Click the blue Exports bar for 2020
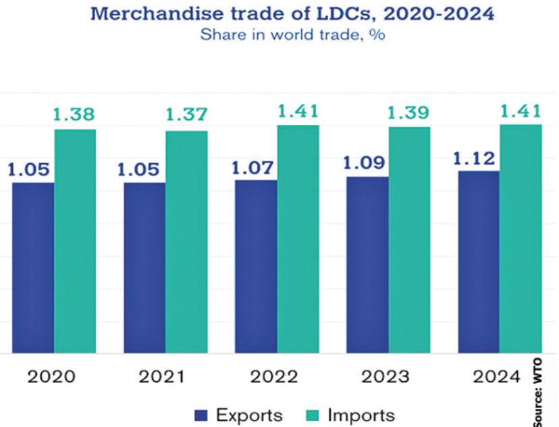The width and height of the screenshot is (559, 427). [33, 268]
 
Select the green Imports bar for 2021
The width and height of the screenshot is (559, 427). [186, 241]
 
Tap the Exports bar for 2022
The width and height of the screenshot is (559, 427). [256, 266]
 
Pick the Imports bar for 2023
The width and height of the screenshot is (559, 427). [409, 239]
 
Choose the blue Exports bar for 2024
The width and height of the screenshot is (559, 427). [479, 262]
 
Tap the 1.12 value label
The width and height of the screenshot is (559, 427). [475, 159]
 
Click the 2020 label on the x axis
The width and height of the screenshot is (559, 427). [54, 376]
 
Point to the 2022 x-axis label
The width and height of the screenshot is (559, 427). [277, 376]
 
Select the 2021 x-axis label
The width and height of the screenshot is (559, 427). [165, 376]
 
